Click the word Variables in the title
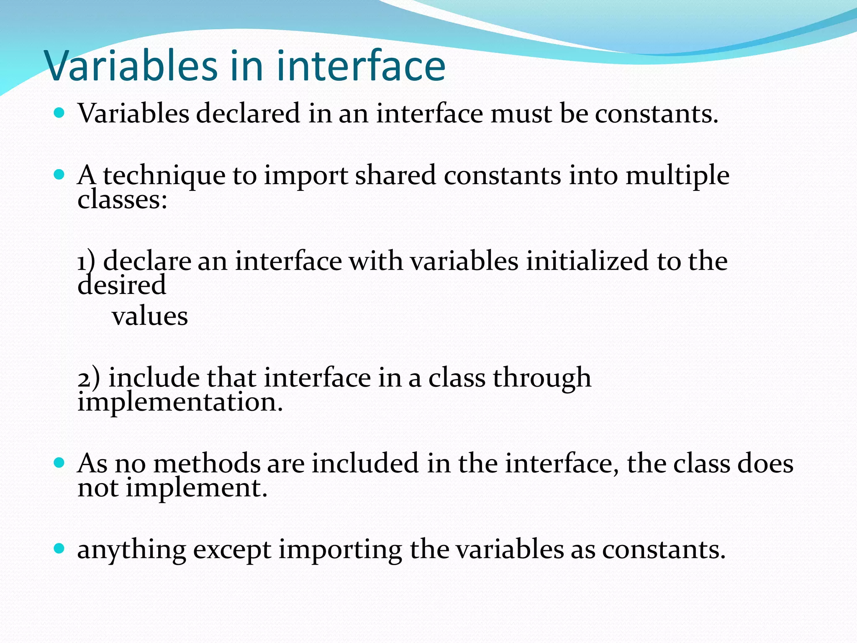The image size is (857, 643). pyautogui.click(x=131, y=66)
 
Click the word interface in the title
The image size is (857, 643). pyautogui.click(x=361, y=66)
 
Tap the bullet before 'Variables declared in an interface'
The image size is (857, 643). pyautogui.click(x=59, y=113)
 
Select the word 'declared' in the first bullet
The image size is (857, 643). pyautogui.click(x=248, y=113)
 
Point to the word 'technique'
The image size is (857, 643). pyautogui.click(x=164, y=176)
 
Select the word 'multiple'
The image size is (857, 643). pyautogui.click(x=677, y=176)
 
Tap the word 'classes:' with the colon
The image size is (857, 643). pyautogui.click(x=122, y=200)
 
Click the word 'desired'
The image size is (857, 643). pyautogui.click(x=122, y=285)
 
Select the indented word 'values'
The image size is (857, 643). pyautogui.click(x=150, y=316)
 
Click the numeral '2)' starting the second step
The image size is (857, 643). pyautogui.click(x=89, y=378)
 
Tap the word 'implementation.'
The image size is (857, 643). pyautogui.click(x=180, y=402)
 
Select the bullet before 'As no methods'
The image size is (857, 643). pyautogui.click(x=59, y=463)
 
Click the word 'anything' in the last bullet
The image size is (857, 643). pyautogui.click(x=131, y=550)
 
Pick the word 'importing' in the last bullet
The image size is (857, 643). pyautogui.click(x=340, y=550)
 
